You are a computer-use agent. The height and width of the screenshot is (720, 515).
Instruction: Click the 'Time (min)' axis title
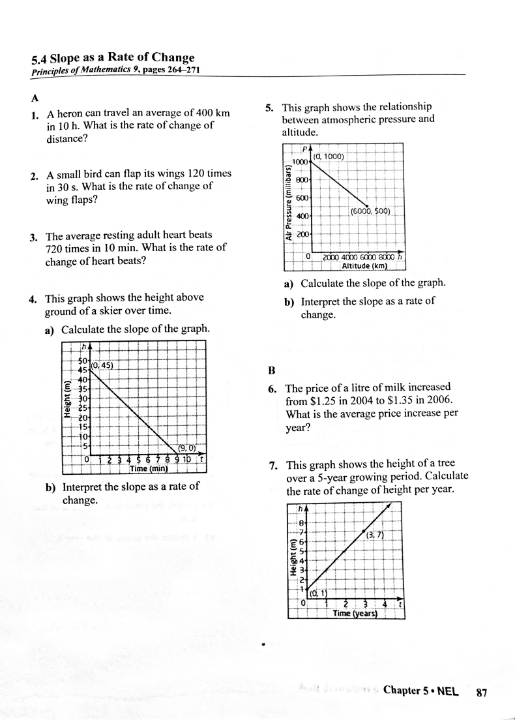pyautogui.click(x=149, y=468)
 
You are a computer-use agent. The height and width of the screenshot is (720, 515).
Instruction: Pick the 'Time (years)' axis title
pyautogui.click(x=356, y=613)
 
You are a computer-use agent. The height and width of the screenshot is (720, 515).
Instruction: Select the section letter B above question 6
pyautogui.click(x=272, y=370)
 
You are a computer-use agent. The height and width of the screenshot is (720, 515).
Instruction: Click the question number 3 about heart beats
pyautogui.click(x=32, y=236)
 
